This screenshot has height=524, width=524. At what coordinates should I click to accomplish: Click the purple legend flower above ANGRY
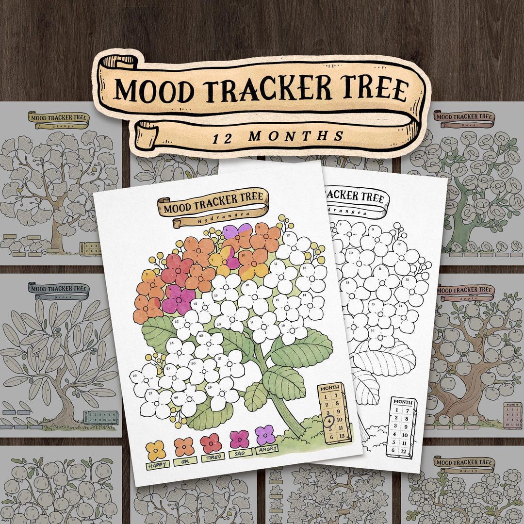pos(265,434)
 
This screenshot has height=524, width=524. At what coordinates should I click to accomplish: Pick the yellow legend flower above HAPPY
pos(156,450)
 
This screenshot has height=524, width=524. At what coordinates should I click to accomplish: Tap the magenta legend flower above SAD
pos(239,439)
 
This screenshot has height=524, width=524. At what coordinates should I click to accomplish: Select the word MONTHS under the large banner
pos(295,136)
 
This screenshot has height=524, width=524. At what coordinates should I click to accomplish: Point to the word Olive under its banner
pos(59,295)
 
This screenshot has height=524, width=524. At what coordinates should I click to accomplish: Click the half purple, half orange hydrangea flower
pos(237,235)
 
